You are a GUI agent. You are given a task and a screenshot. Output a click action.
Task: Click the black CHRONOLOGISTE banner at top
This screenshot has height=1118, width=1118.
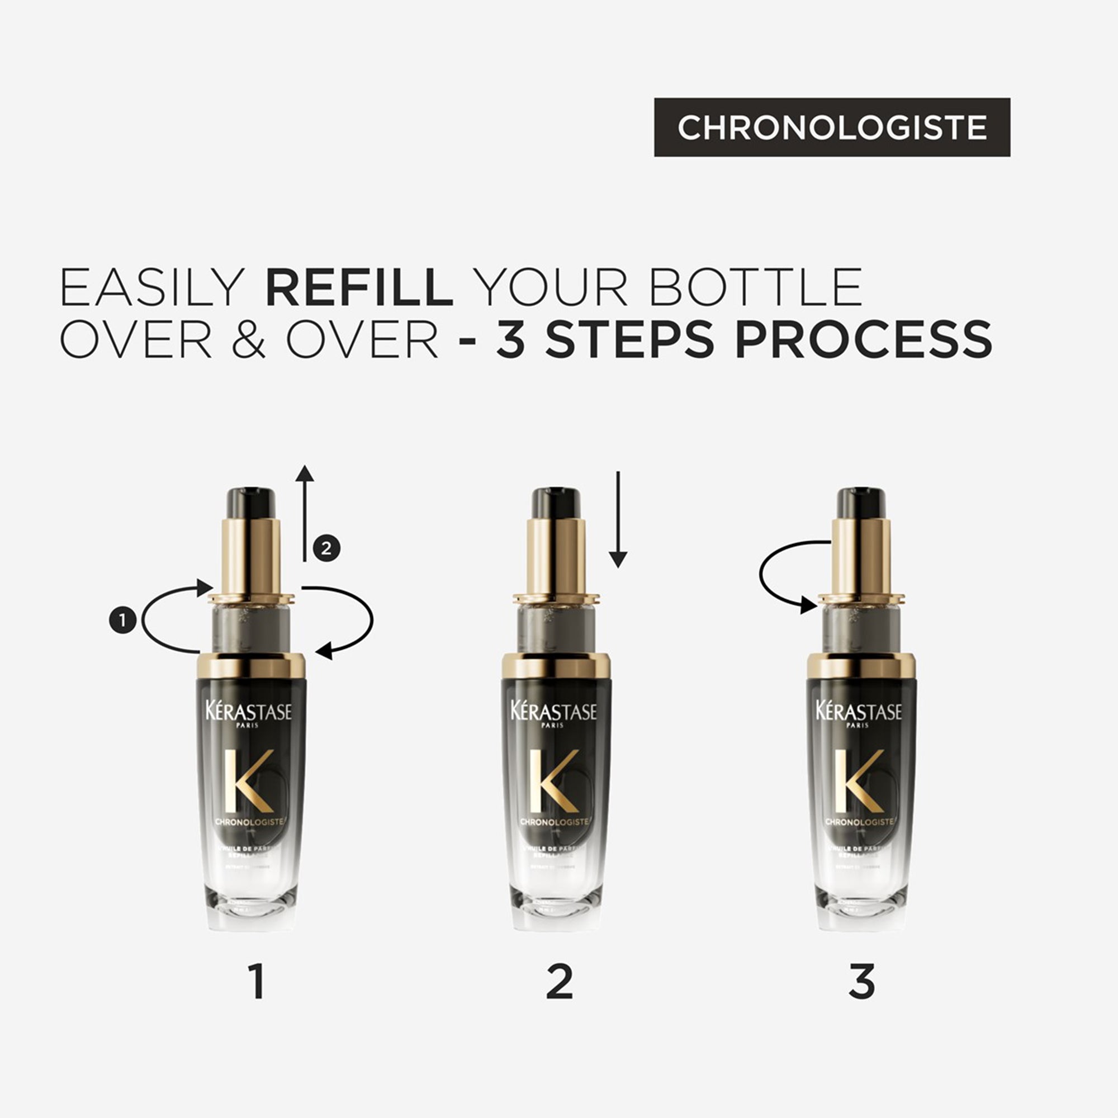point(832,127)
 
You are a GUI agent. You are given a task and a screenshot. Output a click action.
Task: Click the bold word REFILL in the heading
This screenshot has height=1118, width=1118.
point(359,287)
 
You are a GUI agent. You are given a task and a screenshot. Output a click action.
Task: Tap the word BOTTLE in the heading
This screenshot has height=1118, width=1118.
point(756,287)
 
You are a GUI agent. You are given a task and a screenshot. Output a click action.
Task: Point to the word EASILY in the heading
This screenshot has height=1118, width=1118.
point(152,287)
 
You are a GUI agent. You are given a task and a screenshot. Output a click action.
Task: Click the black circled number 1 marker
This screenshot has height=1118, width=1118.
point(122,620)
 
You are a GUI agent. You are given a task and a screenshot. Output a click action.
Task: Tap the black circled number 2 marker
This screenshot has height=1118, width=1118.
point(326,547)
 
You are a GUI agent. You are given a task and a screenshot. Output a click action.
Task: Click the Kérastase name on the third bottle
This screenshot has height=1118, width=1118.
point(859,711)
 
